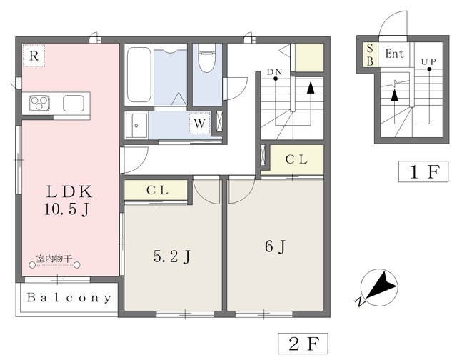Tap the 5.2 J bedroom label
pyautogui.click(x=171, y=256)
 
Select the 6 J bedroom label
pyautogui.click(x=275, y=247)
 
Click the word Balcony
pyautogui.click(x=68, y=298)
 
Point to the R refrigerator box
pyautogui.click(x=34, y=55)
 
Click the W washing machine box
pyautogui.click(x=199, y=124)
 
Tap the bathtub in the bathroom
pyautogui.click(x=138, y=75)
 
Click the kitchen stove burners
pyautogui.click(x=39, y=104)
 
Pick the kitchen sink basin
pyautogui.click(x=74, y=104)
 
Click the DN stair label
pyautogui.click(x=274, y=72)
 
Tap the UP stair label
pyautogui.click(x=428, y=62)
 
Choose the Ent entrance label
pyautogui.click(x=393, y=54)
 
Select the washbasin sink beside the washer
pyautogui.click(x=137, y=126)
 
